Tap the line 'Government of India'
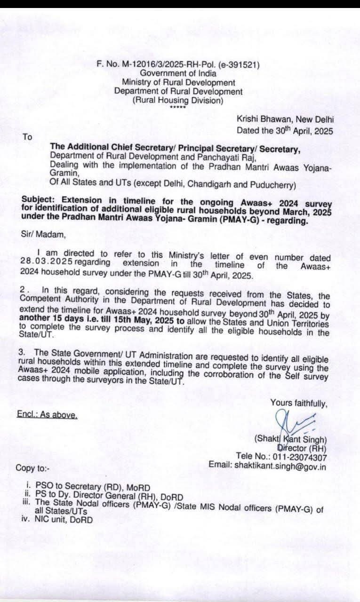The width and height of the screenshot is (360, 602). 178,73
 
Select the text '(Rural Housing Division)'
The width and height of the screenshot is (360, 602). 178,100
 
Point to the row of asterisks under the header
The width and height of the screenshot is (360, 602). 178,107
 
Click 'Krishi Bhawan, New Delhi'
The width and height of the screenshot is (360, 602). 285,120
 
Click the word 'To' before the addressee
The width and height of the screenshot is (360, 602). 27,137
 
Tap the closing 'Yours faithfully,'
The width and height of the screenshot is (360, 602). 299,403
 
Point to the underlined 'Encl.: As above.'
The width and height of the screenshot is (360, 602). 46,415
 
